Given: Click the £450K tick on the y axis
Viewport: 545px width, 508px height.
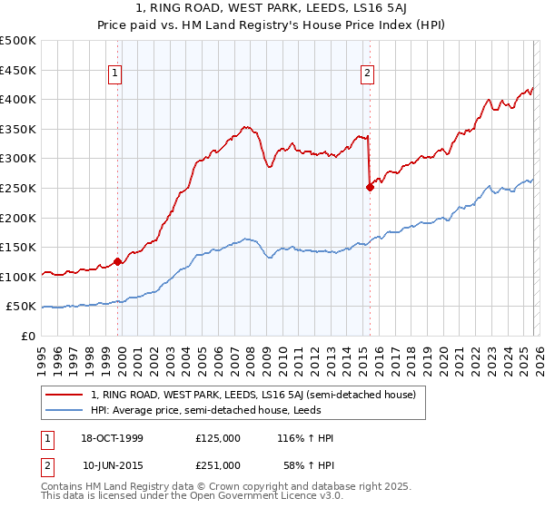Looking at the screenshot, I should (x=18, y=70).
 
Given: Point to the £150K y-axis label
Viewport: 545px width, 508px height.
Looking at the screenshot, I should (x=18, y=247).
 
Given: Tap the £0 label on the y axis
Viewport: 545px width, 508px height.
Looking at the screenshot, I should (x=28, y=336).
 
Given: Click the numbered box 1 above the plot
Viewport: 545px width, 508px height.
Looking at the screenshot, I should (x=116, y=74).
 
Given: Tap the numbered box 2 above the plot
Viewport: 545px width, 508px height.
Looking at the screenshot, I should (x=367, y=74).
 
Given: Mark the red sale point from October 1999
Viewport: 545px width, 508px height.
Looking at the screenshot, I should (x=118, y=262).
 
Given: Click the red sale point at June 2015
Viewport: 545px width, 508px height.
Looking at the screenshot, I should (x=370, y=188).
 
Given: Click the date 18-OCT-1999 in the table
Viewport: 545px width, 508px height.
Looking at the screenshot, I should (x=112, y=438).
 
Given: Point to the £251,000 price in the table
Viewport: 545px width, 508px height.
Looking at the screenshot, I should (x=218, y=464).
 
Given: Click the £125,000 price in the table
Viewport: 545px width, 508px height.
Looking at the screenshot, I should (x=218, y=438).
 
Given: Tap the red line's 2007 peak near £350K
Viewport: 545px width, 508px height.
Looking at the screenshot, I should (x=244, y=127).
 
